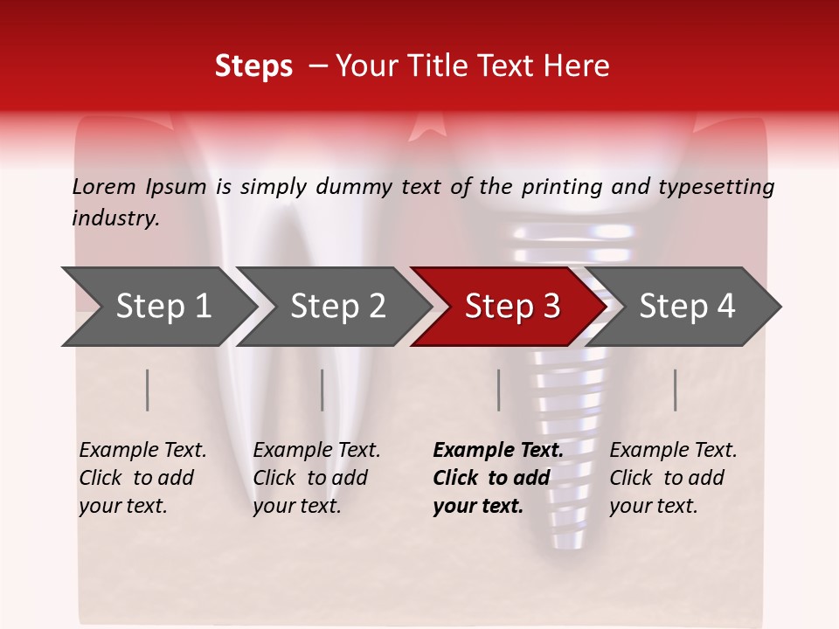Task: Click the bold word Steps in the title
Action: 253,66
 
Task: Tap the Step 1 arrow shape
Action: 157,306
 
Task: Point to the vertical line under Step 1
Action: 148,390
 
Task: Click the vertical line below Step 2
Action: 322,390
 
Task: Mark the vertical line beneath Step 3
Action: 499,390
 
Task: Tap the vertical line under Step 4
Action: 676,390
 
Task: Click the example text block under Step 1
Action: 142,478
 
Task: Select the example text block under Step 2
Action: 316,478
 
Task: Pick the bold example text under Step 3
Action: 497,478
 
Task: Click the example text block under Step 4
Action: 673,478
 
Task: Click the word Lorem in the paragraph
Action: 104,186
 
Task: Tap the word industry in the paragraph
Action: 115,218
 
